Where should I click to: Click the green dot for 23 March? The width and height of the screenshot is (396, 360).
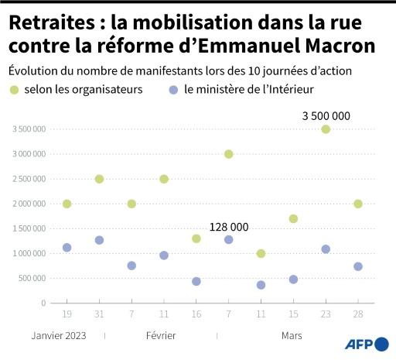[x=326, y=129]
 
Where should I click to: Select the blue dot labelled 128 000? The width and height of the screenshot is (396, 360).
[x=228, y=240]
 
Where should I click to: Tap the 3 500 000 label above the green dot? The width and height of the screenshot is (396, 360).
[x=326, y=115]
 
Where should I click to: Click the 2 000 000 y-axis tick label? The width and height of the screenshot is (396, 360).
[x=28, y=204]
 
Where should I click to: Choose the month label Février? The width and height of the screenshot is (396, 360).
[x=160, y=335]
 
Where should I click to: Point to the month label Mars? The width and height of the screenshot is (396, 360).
[x=292, y=335]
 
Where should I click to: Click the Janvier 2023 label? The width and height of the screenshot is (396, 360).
[x=59, y=335]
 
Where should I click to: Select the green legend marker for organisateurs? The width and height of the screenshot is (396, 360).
[x=14, y=90]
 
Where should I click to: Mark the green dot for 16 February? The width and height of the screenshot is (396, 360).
[x=196, y=238]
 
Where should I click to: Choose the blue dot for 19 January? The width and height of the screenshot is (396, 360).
[x=67, y=248]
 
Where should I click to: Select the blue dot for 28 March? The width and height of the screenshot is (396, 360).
[x=357, y=266]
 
